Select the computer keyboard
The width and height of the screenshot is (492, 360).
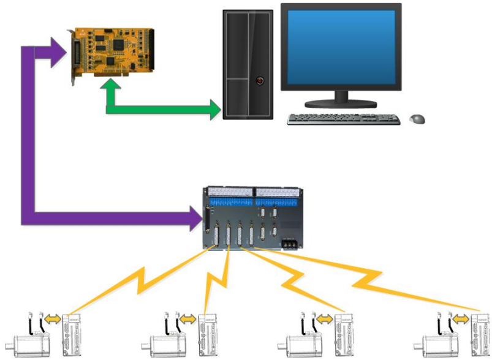point(343,118)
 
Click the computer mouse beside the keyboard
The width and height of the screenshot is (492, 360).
point(417,118)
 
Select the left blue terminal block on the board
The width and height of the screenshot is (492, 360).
point(230,199)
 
